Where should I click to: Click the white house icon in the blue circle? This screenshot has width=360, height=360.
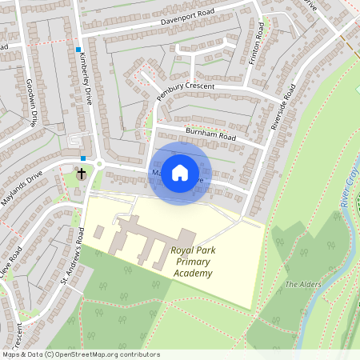pos(180,172)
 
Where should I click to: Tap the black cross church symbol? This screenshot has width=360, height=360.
pos(81,173)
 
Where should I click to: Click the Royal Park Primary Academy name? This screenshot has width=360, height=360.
pos(192,262)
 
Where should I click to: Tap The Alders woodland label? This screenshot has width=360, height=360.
pos(302,285)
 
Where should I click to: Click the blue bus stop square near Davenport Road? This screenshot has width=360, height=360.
pos(78,50)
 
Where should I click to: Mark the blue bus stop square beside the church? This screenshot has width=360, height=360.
pos(83,158)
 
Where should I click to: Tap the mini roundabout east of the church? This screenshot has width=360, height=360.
pos(99,164)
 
